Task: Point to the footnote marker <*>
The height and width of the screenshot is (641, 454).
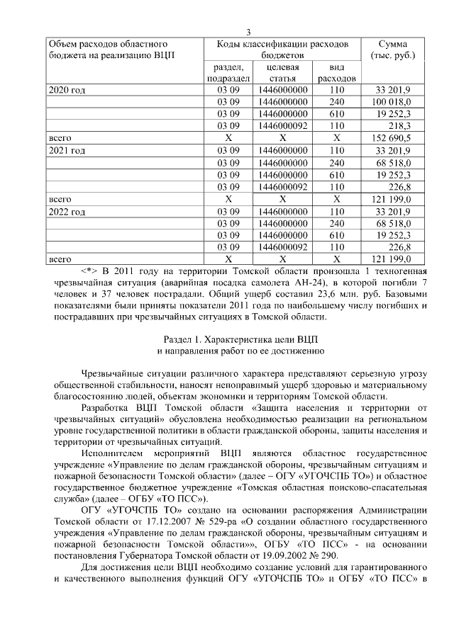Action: pos(90,272)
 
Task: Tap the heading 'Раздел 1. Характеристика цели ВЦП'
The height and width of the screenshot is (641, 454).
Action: pos(241,339)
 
